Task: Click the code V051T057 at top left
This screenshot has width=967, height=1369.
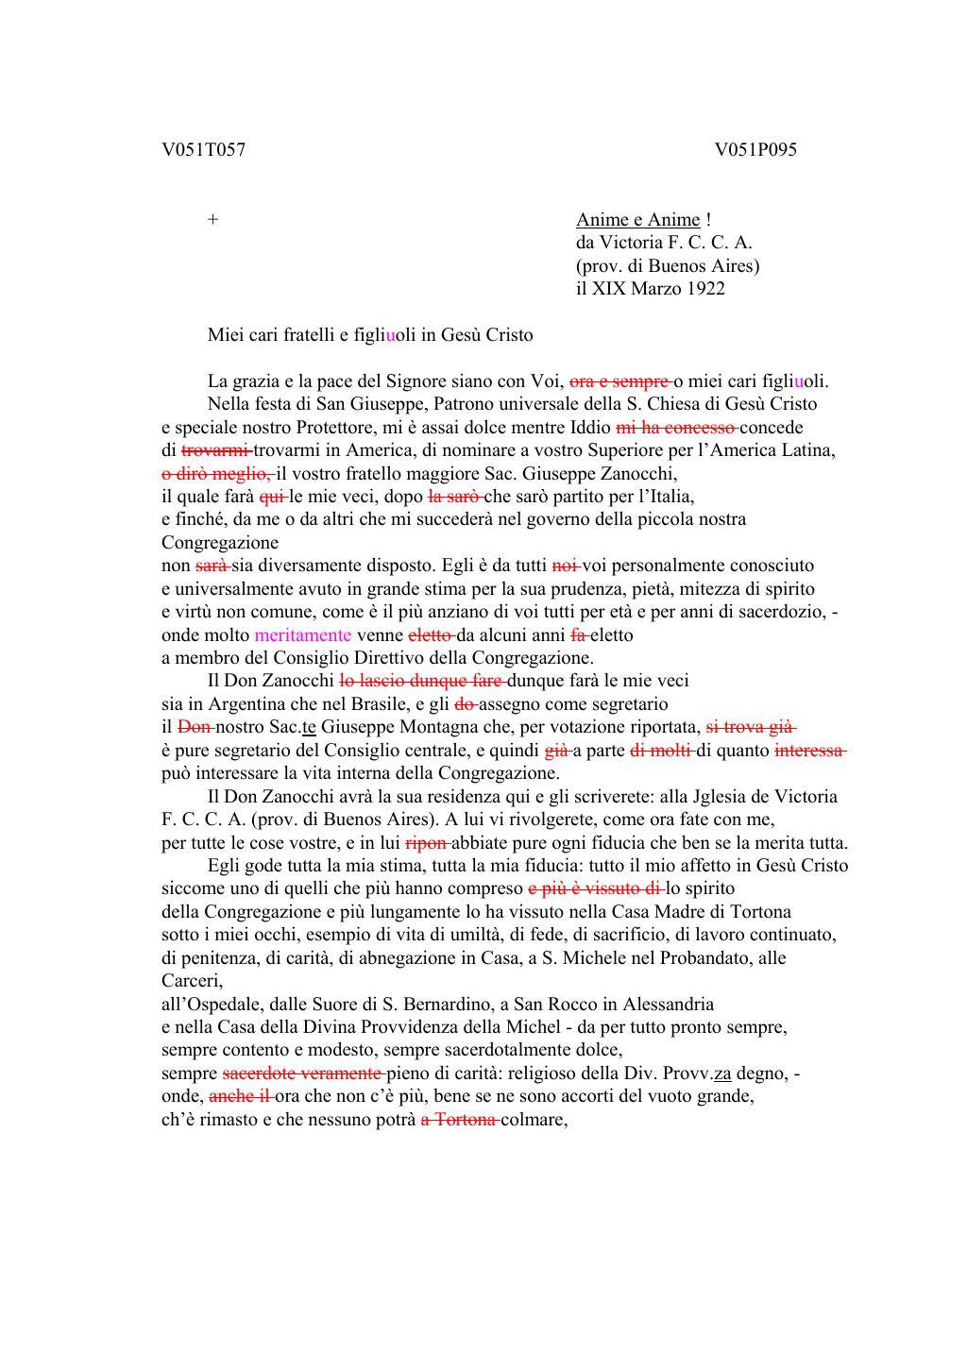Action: [204, 149]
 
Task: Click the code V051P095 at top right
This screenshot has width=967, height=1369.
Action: [755, 149]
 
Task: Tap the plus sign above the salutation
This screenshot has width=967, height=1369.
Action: [213, 219]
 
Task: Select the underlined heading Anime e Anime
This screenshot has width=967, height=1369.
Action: [638, 219]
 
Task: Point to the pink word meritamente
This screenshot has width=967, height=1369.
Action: [303, 635]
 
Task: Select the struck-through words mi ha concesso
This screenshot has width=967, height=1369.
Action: [676, 427]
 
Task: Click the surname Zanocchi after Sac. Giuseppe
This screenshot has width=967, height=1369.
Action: [640, 473]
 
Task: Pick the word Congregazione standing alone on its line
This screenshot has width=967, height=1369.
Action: [220, 543]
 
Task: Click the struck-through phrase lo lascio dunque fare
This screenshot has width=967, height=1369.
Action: [422, 681]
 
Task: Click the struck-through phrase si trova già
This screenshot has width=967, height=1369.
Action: [751, 727]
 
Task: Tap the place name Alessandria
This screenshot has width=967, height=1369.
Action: [667, 1004]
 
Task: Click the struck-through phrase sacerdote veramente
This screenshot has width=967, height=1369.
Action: [302, 1073]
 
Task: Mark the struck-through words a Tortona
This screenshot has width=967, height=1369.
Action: [459, 1120]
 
